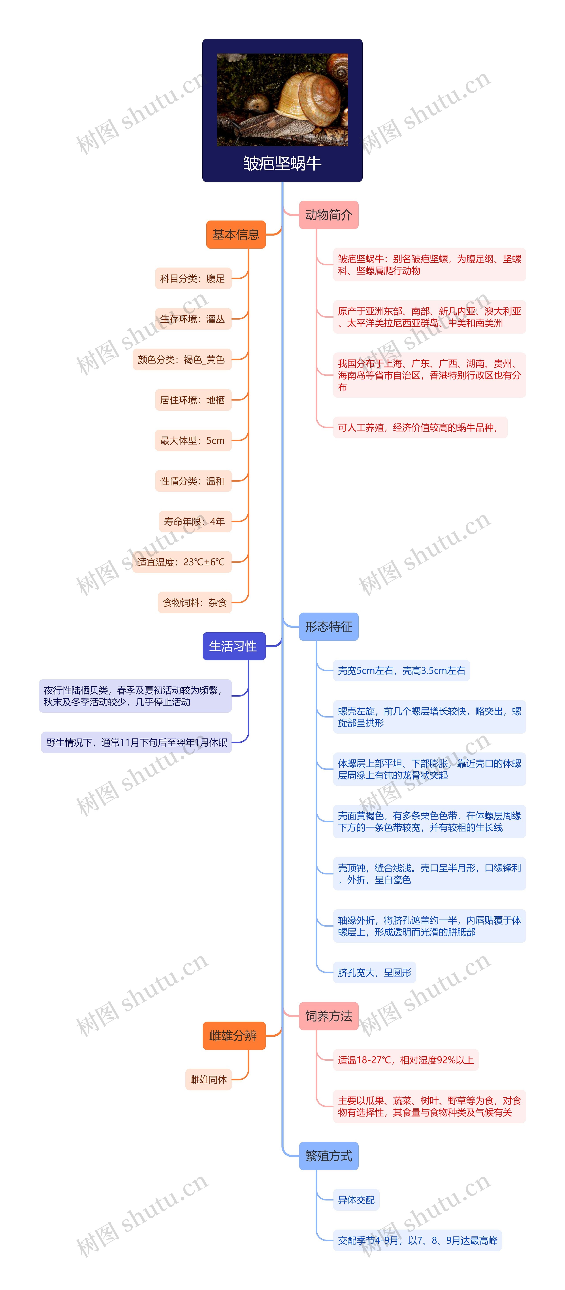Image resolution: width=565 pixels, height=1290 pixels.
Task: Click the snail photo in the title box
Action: coord(282,100)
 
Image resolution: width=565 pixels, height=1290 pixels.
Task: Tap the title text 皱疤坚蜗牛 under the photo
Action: coord(282,163)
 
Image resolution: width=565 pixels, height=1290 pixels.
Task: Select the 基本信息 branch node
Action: coord(236,234)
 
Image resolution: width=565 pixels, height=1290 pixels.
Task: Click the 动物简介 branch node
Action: coord(328,215)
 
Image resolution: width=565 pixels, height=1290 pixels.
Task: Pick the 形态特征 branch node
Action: coord(328,626)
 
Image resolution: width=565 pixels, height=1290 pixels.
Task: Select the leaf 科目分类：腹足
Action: coord(193,278)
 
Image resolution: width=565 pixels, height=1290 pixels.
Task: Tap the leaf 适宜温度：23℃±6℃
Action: coord(181,562)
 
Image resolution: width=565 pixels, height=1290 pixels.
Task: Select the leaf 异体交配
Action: coord(356,1199)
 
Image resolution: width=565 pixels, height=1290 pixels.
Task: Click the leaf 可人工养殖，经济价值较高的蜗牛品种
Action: coord(420,427)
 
